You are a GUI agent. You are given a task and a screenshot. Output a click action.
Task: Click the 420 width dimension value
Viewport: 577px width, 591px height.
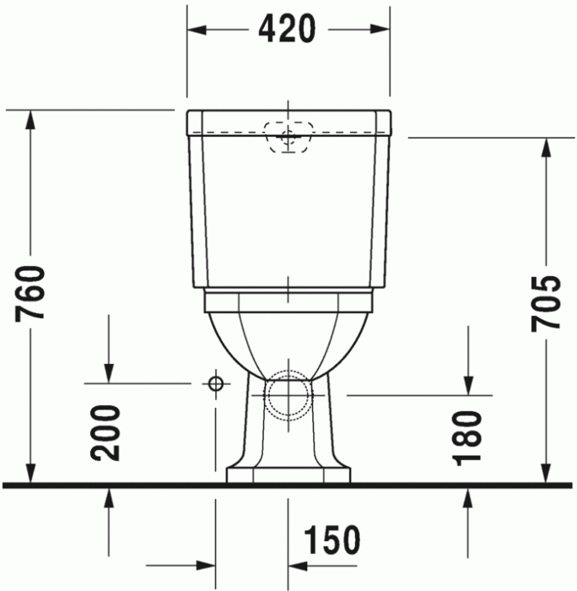point(287,30)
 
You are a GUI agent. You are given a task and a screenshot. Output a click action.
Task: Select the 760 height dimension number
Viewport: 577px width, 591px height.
point(32,294)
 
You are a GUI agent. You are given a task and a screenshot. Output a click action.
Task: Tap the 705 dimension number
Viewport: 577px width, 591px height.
point(547,302)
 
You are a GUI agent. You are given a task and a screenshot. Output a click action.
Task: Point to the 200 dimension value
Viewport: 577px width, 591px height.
point(108,431)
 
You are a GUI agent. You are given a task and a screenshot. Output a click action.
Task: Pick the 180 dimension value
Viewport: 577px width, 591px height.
point(466,439)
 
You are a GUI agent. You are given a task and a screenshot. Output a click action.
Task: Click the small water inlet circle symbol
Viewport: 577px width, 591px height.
point(216,383)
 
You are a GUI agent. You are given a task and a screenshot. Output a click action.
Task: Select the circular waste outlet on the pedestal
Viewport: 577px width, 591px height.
point(288,395)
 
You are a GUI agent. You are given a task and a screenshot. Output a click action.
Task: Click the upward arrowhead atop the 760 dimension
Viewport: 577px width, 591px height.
point(32,119)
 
